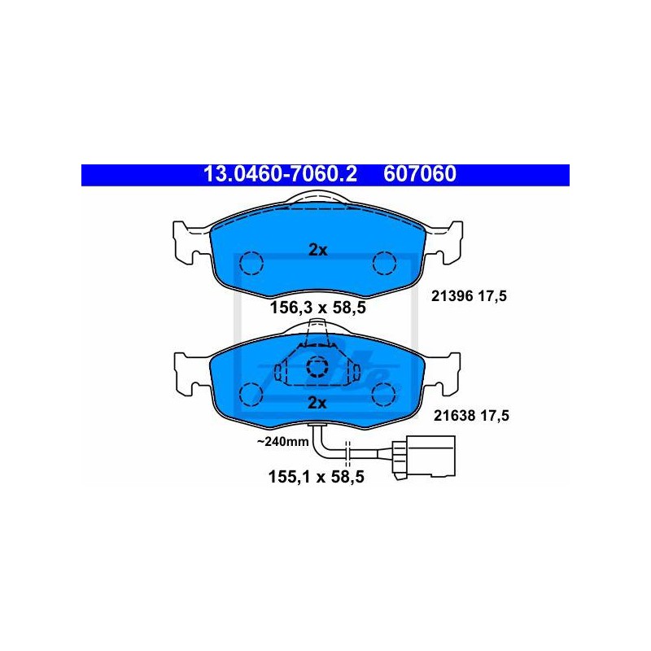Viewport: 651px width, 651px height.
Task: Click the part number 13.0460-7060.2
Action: click(x=280, y=174)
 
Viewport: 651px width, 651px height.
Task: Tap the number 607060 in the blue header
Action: click(x=420, y=174)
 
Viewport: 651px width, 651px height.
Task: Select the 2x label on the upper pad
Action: click(x=318, y=250)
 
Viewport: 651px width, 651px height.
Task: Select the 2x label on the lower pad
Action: click(x=317, y=403)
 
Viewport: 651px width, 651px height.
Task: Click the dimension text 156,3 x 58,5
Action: click(x=318, y=308)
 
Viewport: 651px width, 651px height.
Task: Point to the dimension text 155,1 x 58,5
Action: click(x=317, y=477)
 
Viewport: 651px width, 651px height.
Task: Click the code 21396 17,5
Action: click(x=470, y=296)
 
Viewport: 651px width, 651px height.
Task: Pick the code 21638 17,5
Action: click(x=471, y=415)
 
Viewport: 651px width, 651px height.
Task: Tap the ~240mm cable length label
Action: click(x=282, y=441)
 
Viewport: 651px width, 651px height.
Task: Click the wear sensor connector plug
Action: click(x=424, y=457)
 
